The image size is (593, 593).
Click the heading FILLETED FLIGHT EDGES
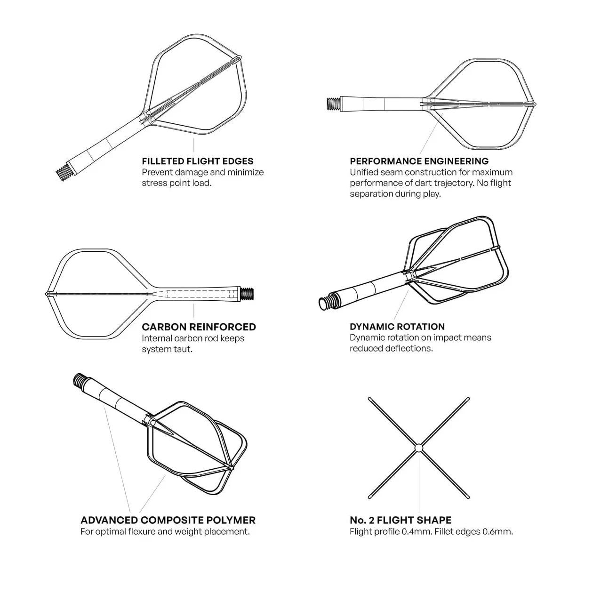(198, 161)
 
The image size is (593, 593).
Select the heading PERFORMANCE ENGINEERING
(419, 161)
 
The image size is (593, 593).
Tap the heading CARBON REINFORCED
(199, 327)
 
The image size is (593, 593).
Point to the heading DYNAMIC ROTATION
(397, 327)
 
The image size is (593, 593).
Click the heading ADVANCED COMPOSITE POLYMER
(168, 520)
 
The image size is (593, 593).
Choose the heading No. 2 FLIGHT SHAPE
(401, 520)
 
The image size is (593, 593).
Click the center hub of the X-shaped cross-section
(419, 448)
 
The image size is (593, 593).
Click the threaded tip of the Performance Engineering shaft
(333, 104)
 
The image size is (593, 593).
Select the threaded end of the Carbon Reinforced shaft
(247, 294)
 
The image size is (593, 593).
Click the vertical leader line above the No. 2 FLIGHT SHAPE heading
(419, 484)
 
